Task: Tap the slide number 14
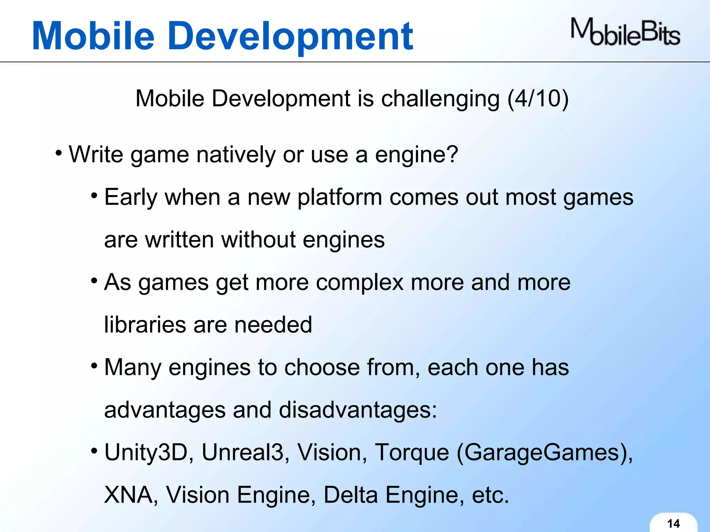coord(673,523)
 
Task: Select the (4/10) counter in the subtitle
coord(538,99)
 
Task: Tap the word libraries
coord(145,325)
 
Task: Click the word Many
coord(133,368)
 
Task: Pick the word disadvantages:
coord(358,410)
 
